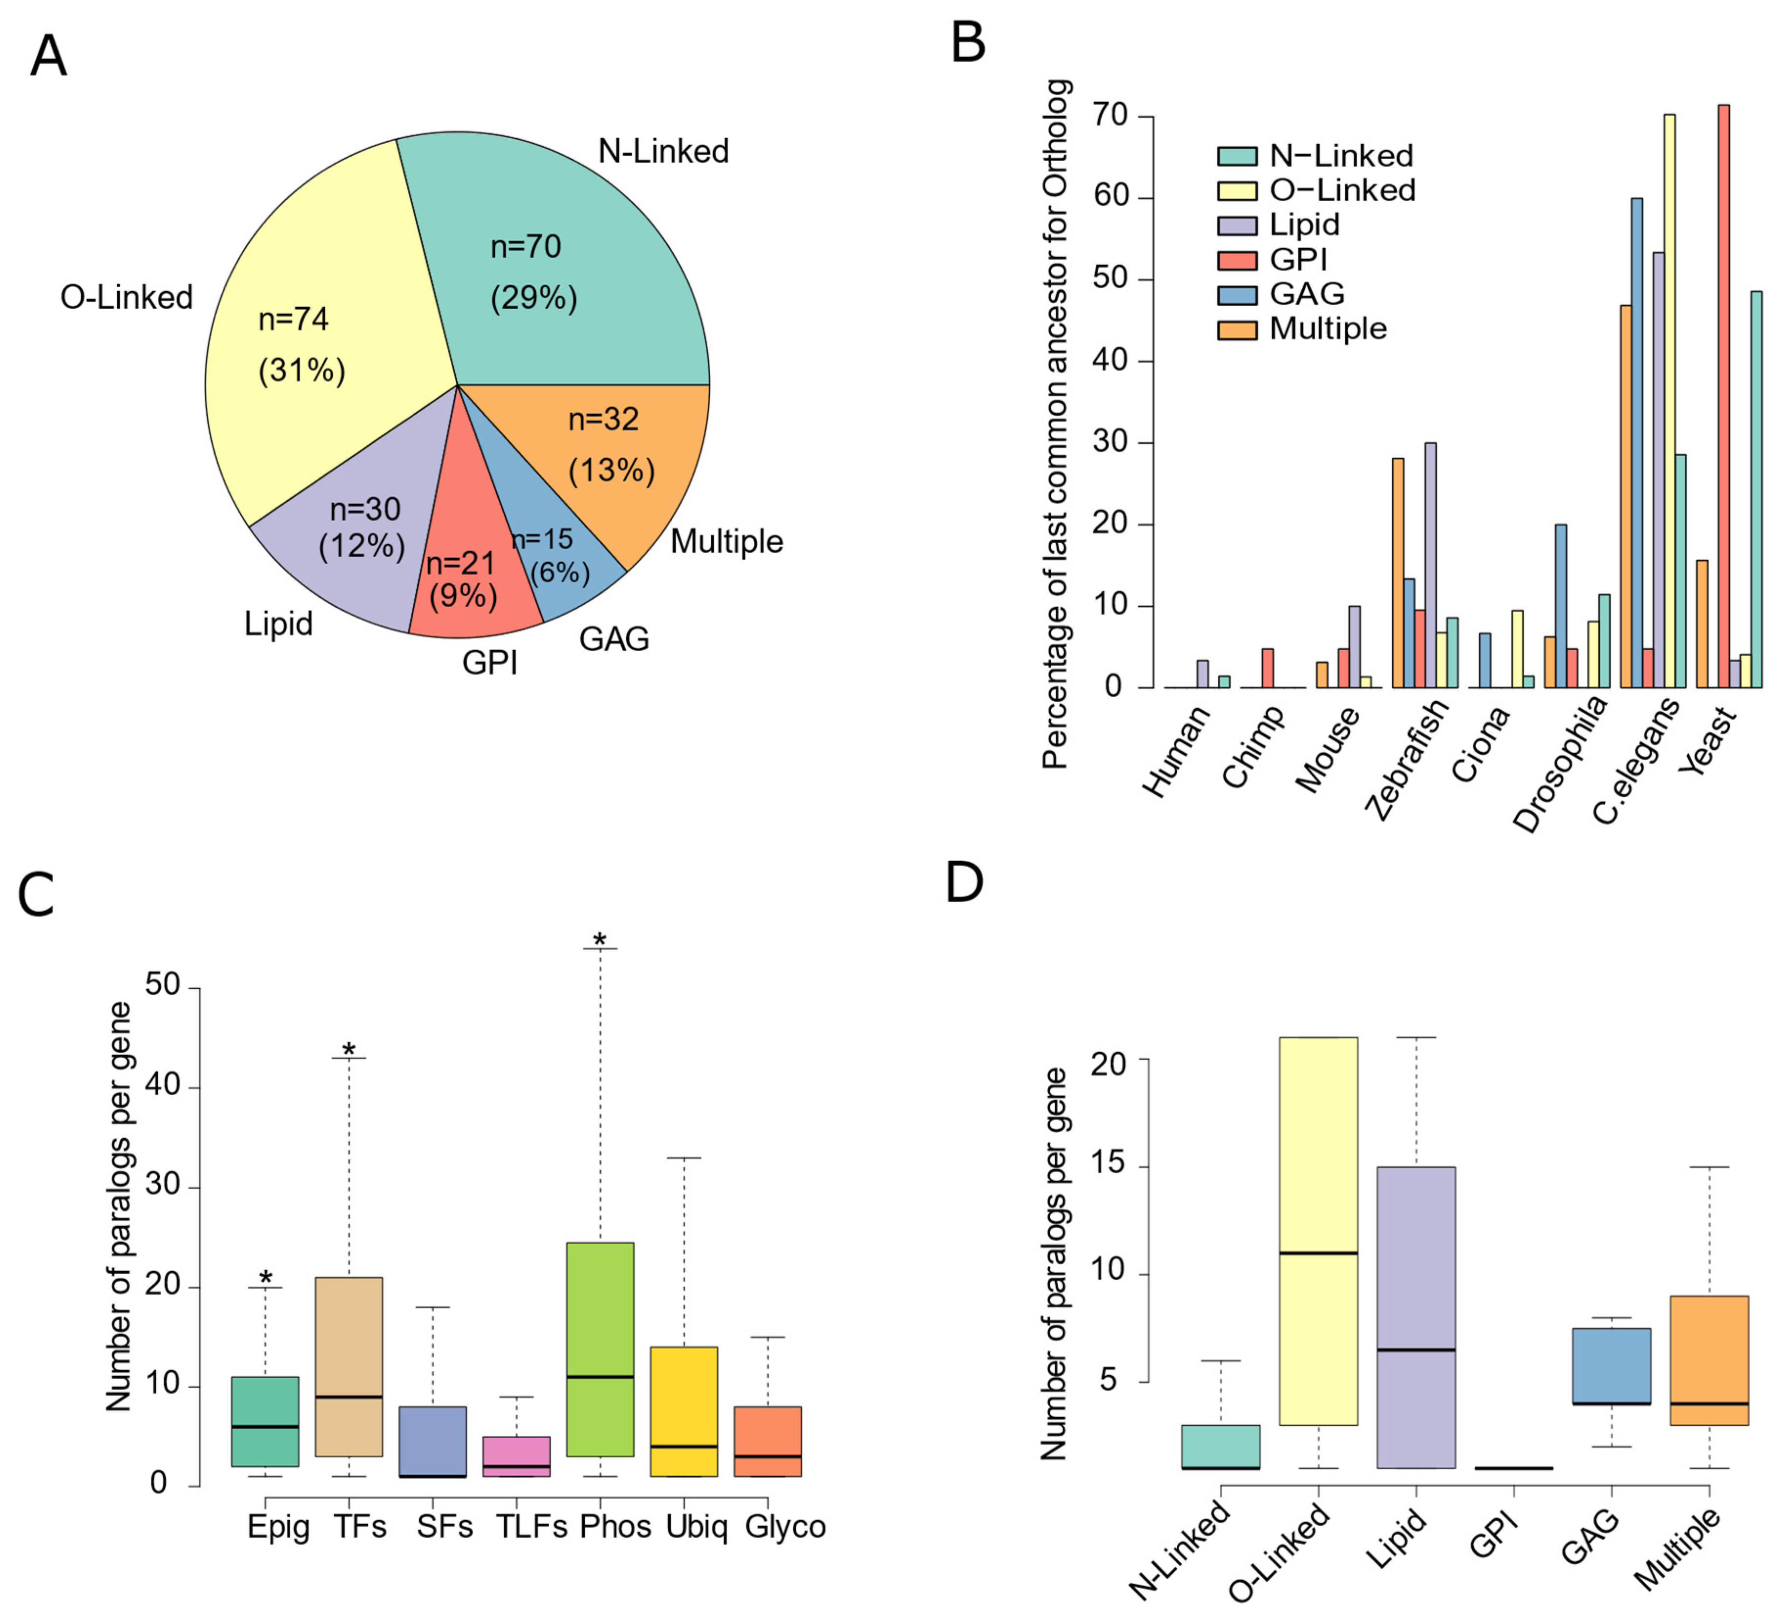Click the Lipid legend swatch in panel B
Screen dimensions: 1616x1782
pos(1237,225)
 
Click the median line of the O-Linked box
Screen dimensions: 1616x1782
pos(1318,1253)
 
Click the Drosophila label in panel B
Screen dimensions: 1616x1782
pos(1560,764)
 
